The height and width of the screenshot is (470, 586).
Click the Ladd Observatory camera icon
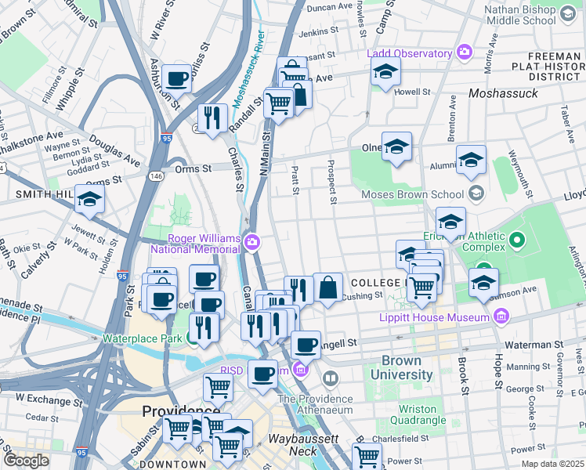(x=465, y=52)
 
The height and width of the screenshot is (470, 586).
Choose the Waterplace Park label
(x=142, y=340)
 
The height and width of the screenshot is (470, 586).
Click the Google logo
(x=26, y=460)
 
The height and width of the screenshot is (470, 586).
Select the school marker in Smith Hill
(x=90, y=200)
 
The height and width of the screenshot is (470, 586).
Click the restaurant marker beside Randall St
(x=212, y=118)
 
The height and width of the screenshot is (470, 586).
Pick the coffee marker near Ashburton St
(x=177, y=78)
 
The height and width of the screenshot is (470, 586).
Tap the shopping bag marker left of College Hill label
(x=328, y=287)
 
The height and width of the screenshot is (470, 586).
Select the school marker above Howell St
(x=385, y=73)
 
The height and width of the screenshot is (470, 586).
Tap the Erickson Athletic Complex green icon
(x=516, y=238)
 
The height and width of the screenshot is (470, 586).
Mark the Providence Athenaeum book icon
(x=331, y=381)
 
